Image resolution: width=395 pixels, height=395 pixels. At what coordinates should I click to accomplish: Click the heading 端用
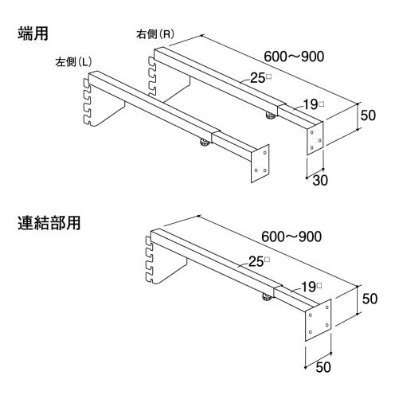(x=33, y=33)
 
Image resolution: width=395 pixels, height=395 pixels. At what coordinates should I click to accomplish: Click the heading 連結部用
(x=49, y=223)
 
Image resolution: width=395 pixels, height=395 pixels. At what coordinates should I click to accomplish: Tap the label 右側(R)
(x=155, y=34)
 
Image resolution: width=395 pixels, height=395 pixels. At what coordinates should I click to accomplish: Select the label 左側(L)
(x=73, y=62)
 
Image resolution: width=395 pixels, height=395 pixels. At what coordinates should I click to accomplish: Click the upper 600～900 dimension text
(x=294, y=57)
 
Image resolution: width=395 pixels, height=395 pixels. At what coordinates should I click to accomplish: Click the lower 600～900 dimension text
(x=291, y=237)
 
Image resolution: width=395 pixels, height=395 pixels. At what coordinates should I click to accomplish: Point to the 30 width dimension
(x=320, y=180)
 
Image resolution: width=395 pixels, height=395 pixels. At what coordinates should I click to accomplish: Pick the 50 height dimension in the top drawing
(x=368, y=115)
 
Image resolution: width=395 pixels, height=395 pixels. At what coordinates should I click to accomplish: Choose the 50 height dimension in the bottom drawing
(x=370, y=299)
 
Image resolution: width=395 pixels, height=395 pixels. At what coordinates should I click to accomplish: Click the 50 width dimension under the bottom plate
(x=323, y=367)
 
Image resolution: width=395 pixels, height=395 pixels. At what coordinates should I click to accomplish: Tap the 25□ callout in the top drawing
(x=260, y=78)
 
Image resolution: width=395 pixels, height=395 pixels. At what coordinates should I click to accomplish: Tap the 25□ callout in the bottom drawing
(x=259, y=262)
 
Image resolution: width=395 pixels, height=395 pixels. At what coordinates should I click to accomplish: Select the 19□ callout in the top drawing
(x=313, y=104)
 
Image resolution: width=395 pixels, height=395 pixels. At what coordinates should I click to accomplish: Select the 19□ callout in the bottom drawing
(x=311, y=287)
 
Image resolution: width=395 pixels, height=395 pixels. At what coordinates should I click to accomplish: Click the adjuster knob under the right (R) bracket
(x=271, y=115)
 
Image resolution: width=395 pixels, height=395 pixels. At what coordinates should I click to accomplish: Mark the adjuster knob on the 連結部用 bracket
(x=267, y=297)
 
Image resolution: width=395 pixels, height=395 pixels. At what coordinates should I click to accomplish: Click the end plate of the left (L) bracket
(x=260, y=163)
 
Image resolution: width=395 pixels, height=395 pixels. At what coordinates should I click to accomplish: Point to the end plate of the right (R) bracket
(x=315, y=138)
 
